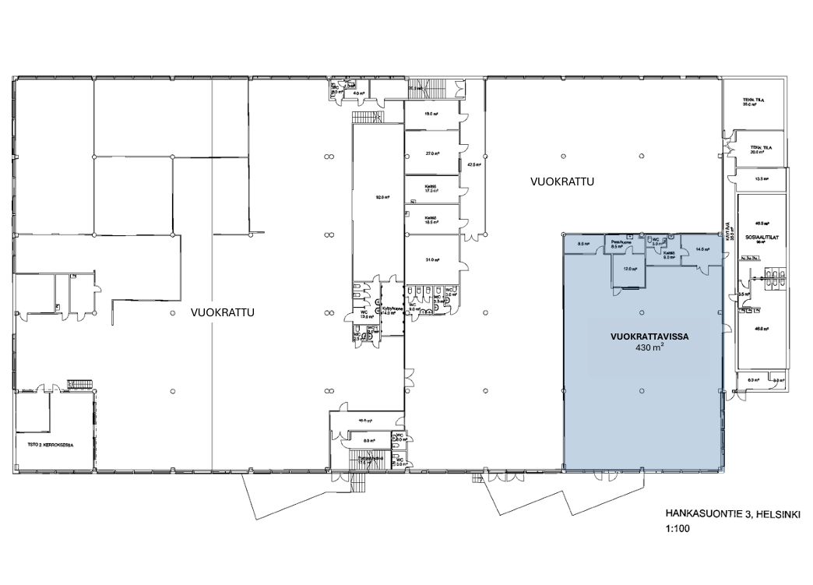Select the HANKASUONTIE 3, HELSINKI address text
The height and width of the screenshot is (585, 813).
[733, 514]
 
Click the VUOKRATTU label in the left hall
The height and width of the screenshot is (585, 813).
[223, 312]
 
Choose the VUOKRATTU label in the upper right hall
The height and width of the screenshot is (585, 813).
[562, 182]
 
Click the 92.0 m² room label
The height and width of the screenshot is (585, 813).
[382, 197]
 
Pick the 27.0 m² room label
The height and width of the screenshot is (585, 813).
[428, 153]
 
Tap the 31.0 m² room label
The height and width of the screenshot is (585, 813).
[428, 259]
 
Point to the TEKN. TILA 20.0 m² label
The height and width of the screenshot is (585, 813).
[760, 149]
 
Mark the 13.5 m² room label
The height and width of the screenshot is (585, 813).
[762, 178]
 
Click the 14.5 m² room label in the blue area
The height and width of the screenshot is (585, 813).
[702, 250]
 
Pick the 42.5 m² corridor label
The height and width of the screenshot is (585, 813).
[472, 165]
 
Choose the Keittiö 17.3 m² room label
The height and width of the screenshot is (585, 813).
[429, 189]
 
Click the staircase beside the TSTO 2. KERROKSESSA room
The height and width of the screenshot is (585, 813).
[80, 385]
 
